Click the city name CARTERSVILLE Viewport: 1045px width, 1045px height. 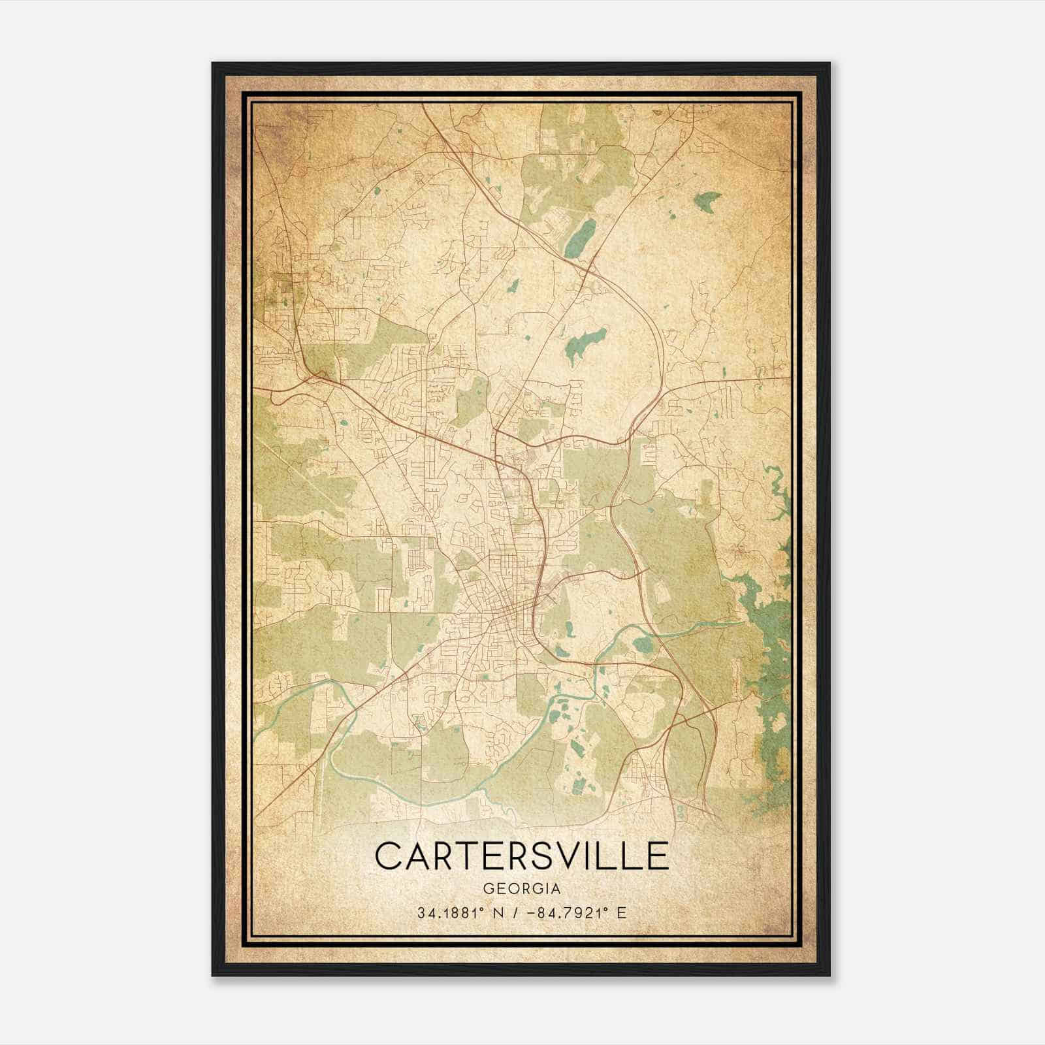click(x=522, y=856)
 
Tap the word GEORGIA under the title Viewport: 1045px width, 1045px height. click(x=522, y=889)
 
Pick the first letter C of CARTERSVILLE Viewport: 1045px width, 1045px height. click(x=389, y=856)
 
